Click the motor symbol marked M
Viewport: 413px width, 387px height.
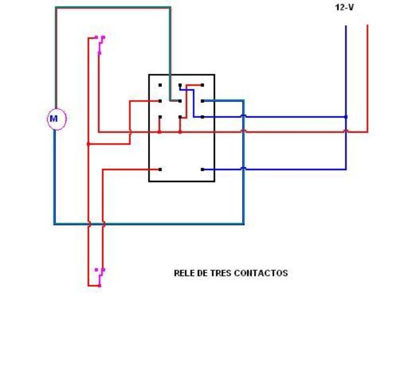click(54, 119)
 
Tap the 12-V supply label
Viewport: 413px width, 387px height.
click(344, 8)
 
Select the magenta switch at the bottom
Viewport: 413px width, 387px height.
click(100, 276)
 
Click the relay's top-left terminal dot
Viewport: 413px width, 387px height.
click(160, 85)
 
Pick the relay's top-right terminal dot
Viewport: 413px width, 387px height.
click(202, 85)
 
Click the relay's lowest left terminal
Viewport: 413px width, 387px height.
click(160, 169)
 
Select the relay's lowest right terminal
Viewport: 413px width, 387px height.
click(203, 169)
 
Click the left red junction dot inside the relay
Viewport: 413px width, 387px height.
click(159, 132)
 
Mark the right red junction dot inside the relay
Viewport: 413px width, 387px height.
click(180, 132)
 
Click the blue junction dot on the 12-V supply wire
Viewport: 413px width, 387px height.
click(346, 117)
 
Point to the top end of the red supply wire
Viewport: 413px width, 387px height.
click(367, 26)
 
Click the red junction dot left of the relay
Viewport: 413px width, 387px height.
click(88, 144)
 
